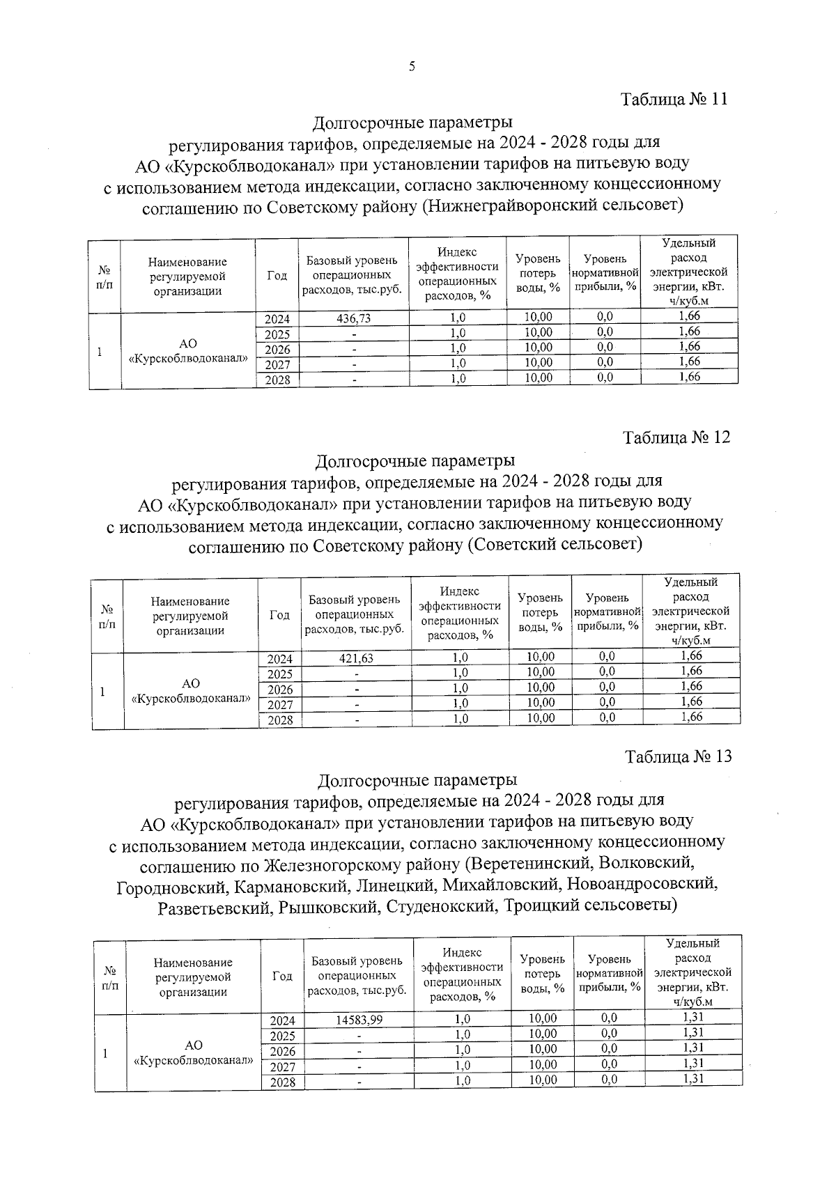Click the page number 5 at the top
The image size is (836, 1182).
412,67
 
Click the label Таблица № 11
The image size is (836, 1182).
674,99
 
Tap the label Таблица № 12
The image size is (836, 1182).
676,437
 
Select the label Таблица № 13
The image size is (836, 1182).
679,756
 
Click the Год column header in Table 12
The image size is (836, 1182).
279,615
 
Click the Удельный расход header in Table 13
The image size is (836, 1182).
692,972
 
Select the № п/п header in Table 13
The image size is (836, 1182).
110,978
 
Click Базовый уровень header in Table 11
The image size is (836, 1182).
353,274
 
